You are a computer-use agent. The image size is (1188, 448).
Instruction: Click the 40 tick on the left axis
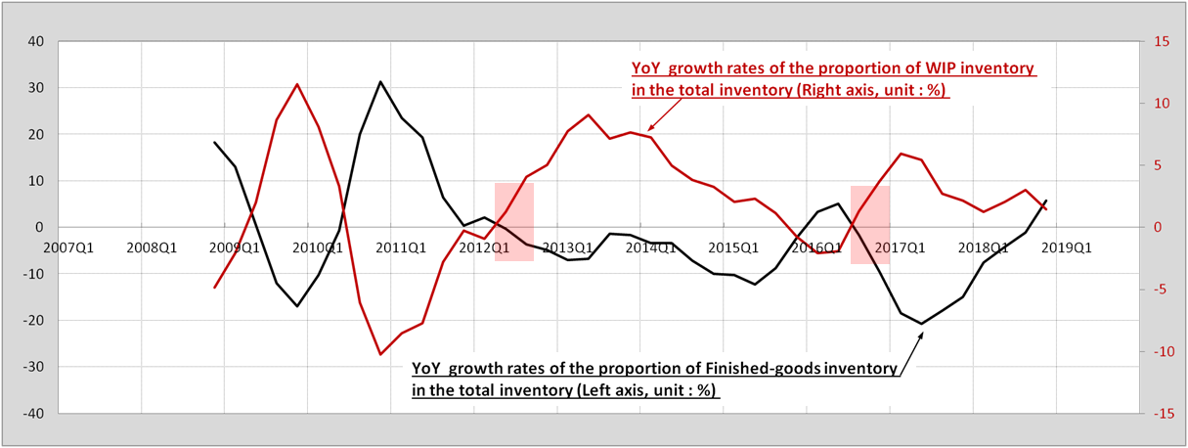(x=35, y=41)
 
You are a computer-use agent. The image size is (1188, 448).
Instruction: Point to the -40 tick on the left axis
(x=32, y=414)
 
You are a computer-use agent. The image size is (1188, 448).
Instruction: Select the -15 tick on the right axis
(x=1163, y=414)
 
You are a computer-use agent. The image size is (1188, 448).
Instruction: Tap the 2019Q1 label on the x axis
(x=1068, y=247)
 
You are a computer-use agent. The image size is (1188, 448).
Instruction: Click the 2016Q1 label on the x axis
(x=819, y=247)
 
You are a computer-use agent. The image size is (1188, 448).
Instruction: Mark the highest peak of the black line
(x=380, y=82)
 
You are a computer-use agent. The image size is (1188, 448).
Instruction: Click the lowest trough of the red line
(x=380, y=354)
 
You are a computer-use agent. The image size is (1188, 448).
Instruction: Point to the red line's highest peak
(x=297, y=84)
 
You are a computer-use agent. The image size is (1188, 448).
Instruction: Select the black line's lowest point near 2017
(x=921, y=323)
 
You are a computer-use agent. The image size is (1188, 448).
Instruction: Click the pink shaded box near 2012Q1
(x=513, y=222)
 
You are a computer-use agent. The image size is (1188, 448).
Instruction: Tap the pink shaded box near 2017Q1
(x=869, y=224)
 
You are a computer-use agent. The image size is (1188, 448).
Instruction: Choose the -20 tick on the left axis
(x=32, y=321)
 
